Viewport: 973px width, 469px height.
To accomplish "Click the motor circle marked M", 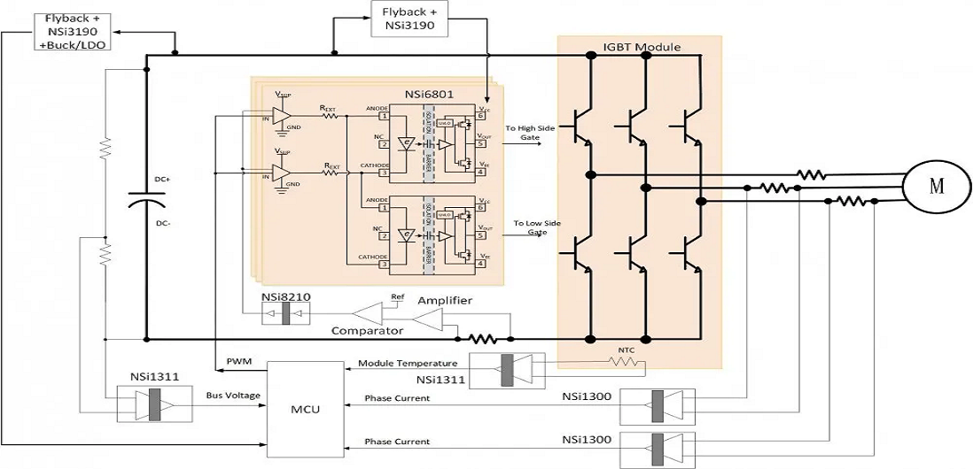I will pos(936,186).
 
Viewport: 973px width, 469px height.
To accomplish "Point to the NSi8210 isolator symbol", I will pos(285,316).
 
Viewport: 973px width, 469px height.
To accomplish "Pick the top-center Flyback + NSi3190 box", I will pos(409,19).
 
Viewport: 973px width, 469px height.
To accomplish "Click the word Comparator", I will pos(368,330).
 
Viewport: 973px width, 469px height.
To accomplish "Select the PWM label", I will pos(238,361).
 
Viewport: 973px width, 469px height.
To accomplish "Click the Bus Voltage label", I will pos(234,395).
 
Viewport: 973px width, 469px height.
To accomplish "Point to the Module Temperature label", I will pos(408,363).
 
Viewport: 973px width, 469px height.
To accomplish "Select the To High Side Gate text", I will pos(531,134).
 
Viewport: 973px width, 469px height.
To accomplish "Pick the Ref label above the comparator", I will pos(397,296).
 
